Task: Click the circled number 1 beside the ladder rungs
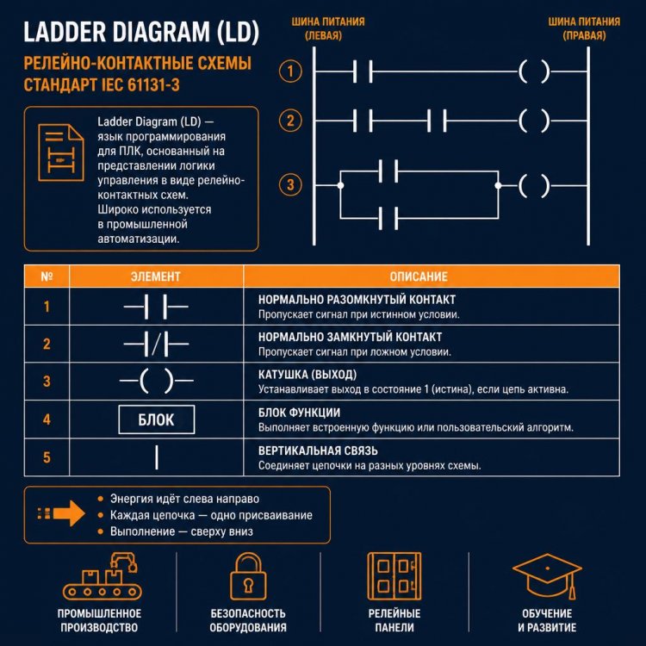pyautogui.click(x=290, y=71)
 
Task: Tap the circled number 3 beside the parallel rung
pyautogui.click(x=290, y=185)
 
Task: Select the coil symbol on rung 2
pyautogui.click(x=534, y=121)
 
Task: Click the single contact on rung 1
pyautogui.click(x=363, y=71)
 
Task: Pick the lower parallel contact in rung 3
pyautogui.click(x=388, y=218)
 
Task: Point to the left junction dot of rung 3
pyautogui.click(x=340, y=185)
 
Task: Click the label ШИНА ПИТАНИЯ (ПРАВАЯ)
pyautogui.click(x=584, y=28)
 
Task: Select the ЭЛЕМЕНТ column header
pyautogui.click(x=156, y=276)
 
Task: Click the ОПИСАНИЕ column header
pyautogui.click(x=419, y=276)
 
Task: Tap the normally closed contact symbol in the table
pyautogui.click(x=156, y=344)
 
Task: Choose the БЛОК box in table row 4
pyautogui.click(x=156, y=419)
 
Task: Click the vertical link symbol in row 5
pyautogui.click(x=157, y=457)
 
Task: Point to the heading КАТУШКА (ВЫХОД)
pyautogui.click(x=307, y=375)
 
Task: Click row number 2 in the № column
pyautogui.click(x=47, y=344)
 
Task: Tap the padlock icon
pyautogui.click(x=248, y=576)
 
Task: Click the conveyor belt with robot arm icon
pyautogui.click(x=102, y=576)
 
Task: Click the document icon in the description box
pyautogui.click(x=61, y=152)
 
